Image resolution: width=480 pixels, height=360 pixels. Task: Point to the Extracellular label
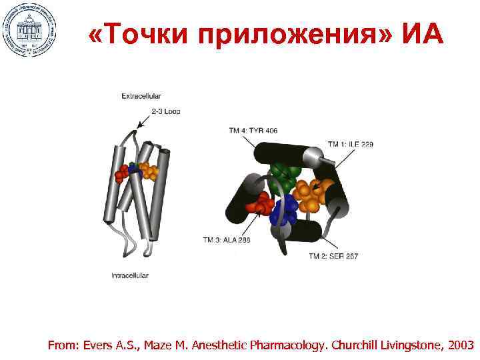pos(141,96)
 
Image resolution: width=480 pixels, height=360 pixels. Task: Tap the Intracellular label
pos(130,275)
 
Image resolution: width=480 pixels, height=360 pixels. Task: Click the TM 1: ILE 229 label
pos(350,144)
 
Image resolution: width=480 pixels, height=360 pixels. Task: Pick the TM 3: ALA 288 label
pos(227,240)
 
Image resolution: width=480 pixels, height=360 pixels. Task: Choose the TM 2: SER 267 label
pos(333,256)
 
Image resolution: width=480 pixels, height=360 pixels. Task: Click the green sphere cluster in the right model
pos(285,175)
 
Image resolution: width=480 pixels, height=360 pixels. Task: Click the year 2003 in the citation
pos(460,345)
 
